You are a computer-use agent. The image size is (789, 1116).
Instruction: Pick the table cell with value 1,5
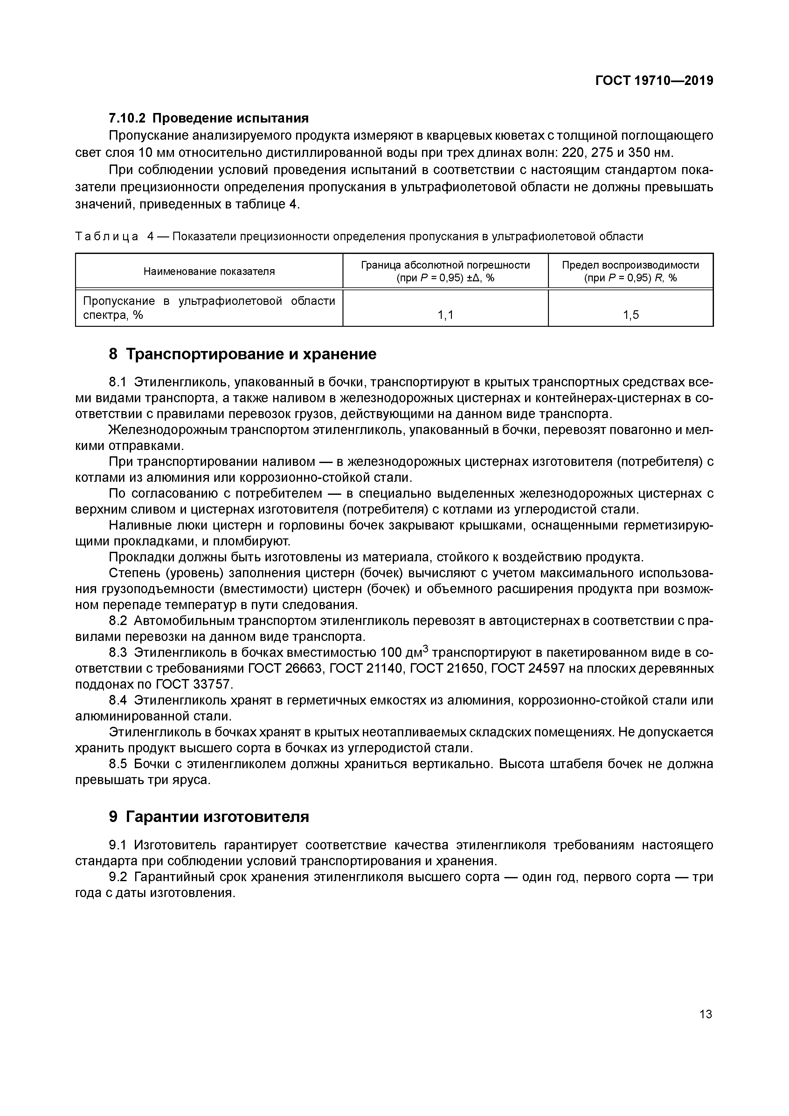pos(631,315)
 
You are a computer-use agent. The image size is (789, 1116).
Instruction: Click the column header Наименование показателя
pos(209,271)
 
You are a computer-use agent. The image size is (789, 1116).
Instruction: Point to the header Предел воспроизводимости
pos(631,265)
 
